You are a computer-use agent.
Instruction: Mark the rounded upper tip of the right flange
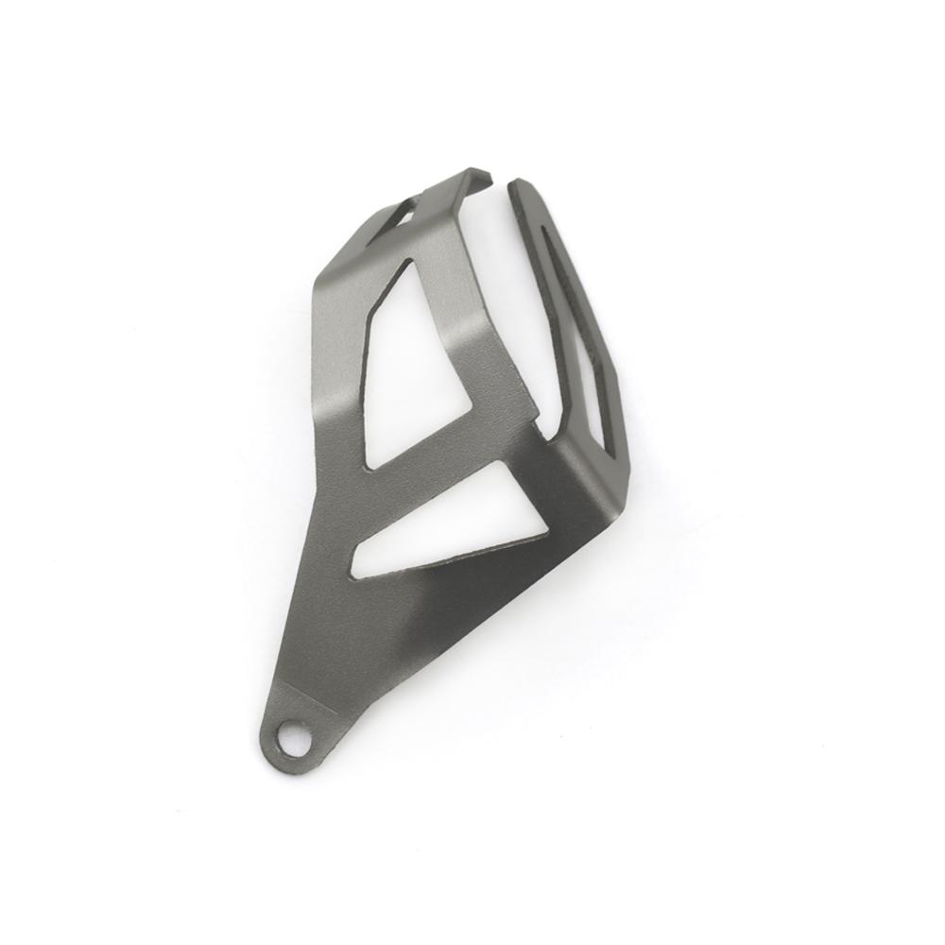click(518, 184)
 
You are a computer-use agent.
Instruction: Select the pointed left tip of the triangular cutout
click(356, 565)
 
